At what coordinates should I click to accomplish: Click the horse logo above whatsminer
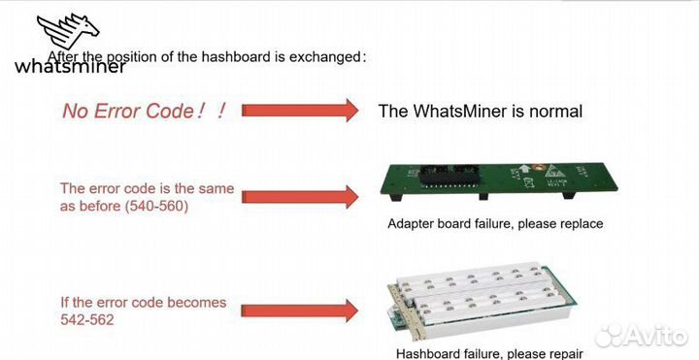pyautogui.click(x=72, y=34)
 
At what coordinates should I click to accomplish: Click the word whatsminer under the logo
pyautogui.click(x=69, y=67)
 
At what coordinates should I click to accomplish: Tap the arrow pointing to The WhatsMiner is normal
pyautogui.click(x=300, y=111)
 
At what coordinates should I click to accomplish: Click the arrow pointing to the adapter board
pyautogui.click(x=300, y=196)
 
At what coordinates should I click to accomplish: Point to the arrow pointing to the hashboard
pyautogui.click(x=300, y=311)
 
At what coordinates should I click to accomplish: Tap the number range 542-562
pyautogui.click(x=86, y=318)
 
